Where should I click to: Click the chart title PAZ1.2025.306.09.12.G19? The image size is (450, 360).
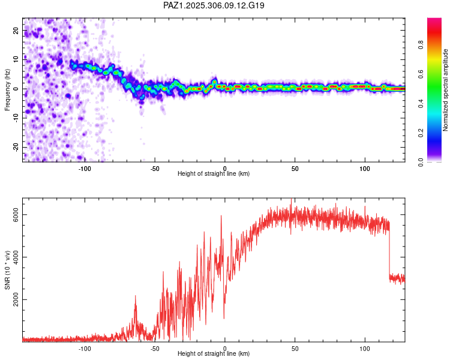[214, 5]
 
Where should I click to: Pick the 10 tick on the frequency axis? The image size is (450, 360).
[16, 60]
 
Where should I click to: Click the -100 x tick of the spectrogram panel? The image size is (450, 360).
[85, 168]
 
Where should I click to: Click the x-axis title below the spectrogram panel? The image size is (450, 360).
[214, 174]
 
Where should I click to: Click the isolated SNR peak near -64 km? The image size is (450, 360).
[135, 296]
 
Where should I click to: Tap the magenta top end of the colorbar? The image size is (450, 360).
[434, 21]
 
